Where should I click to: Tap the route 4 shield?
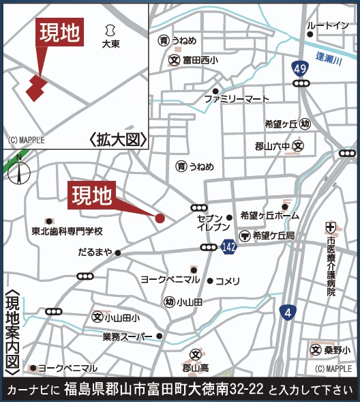click(288, 313)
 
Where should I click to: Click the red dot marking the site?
click(160, 218)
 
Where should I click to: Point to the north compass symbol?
click(20, 171)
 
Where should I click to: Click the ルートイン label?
click(328, 26)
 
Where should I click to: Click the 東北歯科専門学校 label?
click(66, 231)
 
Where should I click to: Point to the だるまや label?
click(95, 253)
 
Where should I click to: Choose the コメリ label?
click(228, 281)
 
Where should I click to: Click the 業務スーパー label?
click(128, 336)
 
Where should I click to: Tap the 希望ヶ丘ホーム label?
click(269, 216)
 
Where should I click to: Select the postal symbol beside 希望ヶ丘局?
click(244, 235)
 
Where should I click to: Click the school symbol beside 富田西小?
click(173, 60)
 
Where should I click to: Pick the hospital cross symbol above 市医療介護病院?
click(331, 227)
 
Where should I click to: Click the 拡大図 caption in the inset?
click(118, 140)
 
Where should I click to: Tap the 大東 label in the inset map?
click(110, 44)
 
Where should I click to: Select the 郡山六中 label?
click(272, 146)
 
